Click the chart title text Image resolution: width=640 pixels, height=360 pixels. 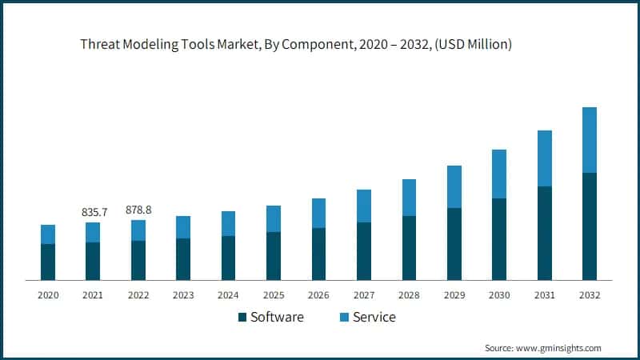(x=295, y=45)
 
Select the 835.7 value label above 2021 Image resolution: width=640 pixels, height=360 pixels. (x=93, y=212)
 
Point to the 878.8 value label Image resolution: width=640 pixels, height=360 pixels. (x=138, y=210)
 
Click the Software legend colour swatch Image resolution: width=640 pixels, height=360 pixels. (x=242, y=318)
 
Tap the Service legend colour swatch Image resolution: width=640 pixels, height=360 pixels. (x=344, y=318)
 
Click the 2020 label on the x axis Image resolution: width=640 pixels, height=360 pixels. (x=48, y=295)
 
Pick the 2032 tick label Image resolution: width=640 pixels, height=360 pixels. (x=589, y=295)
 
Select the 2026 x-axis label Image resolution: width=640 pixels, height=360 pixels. (x=318, y=295)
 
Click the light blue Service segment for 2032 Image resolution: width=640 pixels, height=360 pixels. (x=589, y=140)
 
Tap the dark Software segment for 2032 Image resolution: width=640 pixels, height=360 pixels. (x=589, y=226)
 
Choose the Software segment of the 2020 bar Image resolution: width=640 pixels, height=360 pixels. (x=48, y=262)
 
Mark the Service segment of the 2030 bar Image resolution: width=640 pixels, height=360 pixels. (x=499, y=174)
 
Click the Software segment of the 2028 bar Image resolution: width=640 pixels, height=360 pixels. (x=409, y=248)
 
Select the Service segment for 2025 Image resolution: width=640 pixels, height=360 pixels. (x=274, y=218)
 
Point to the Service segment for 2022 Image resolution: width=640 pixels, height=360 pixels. (x=138, y=230)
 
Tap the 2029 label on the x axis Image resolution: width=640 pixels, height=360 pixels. (x=454, y=295)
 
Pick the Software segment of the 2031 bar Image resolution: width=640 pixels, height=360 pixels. (x=544, y=233)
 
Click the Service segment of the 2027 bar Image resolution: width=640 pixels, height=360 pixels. (x=364, y=206)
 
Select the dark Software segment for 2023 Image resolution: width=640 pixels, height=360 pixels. (x=183, y=259)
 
